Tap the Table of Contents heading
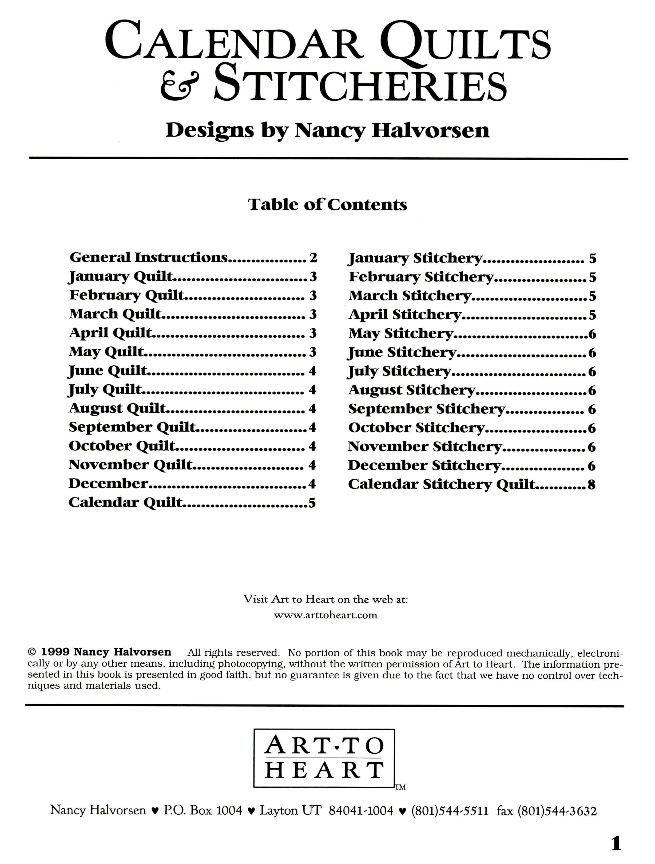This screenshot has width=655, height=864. tap(327, 205)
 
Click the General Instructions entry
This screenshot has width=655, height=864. tap(148, 257)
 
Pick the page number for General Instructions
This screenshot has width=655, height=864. tap(313, 258)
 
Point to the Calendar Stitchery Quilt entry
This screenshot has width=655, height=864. tap(441, 484)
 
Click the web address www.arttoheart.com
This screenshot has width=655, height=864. tap(325, 615)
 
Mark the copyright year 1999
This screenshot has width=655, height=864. tap(55, 652)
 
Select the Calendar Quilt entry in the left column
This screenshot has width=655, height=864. tap(126, 502)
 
